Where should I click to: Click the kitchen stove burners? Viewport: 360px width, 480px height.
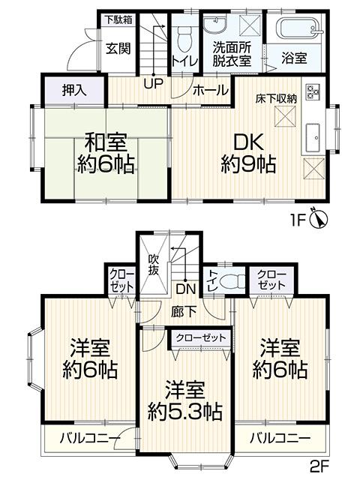click(313, 91)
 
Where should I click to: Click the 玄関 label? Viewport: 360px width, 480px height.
click(118, 48)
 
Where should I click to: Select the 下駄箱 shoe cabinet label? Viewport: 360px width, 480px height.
click(119, 20)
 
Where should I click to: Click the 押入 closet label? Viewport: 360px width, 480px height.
click(74, 90)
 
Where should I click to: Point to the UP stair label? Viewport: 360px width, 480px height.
click(153, 83)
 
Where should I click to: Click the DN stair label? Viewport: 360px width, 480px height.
click(185, 289)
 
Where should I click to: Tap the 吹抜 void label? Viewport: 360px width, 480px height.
click(153, 265)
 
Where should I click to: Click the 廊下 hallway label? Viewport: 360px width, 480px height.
click(184, 312)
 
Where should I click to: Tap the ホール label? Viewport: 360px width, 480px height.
click(211, 90)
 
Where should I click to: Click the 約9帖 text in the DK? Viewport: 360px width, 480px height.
click(248, 164)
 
